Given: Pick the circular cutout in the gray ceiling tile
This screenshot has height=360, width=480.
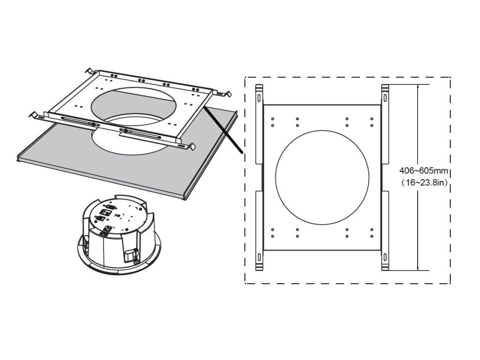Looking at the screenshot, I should point(127,141).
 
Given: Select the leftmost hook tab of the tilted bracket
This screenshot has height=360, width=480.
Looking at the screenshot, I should point(34,114).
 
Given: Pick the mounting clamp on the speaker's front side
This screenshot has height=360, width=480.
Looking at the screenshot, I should point(132,255).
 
